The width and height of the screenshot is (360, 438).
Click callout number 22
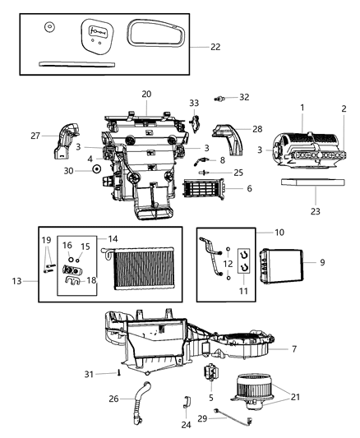pos(215,47)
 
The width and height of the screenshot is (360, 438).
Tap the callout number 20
pos(146,94)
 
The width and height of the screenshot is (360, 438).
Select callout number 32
pos(244,97)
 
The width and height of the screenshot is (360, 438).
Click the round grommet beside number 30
pos(97,170)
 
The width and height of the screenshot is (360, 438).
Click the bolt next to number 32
pos(221,99)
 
